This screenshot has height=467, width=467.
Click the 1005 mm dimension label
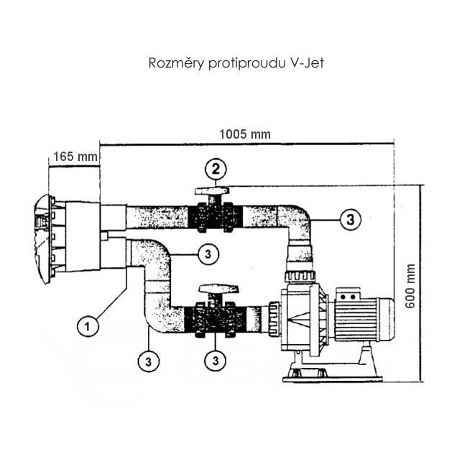[x=236, y=134]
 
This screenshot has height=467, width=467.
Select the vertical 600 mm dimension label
[x=411, y=285]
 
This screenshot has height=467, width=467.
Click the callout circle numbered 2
[x=216, y=170]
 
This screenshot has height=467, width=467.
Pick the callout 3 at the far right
[x=349, y=219]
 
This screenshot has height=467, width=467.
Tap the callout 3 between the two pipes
[x=206, y=253]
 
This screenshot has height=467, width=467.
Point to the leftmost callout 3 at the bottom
[x=146, y=356]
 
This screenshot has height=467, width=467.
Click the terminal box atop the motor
[x=353, y=293]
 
